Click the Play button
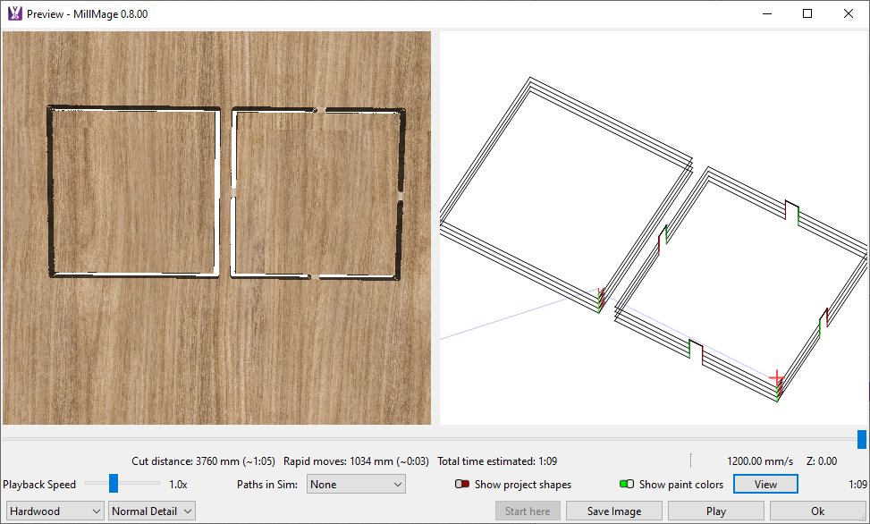[715, 511]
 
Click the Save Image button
[614, 511]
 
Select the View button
[765, 484]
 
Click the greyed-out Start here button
[528, 511]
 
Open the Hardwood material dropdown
[55, 511]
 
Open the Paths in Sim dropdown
[356, 484]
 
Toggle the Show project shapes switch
[462, 484]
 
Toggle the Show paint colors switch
[627, 484]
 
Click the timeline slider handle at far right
[862, 439]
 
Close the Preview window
[849, 14]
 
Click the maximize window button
[807, 14]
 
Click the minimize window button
[767, 14]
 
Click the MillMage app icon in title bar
[15, 14]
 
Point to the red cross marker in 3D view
[777, 378]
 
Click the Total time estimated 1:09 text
[497, 461]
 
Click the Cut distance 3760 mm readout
[203, 461]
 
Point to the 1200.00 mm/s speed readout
[760, 461]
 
